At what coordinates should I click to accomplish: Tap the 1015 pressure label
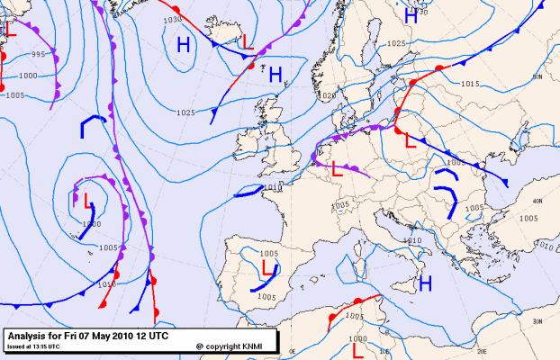[469, 84]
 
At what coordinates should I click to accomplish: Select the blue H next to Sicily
[425, 284]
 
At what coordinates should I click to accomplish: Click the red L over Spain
[267, 268]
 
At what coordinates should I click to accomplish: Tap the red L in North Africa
[357, 347]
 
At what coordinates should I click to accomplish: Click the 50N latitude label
[537, 77]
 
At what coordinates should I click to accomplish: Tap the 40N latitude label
[537, 202]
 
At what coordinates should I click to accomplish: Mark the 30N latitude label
[537, 321]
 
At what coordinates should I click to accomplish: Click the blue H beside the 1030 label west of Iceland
[184, 44]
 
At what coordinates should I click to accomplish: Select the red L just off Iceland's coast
[248, 41]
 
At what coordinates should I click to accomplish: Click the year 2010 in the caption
[119, 335]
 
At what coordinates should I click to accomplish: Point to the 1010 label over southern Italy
[412, 241]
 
